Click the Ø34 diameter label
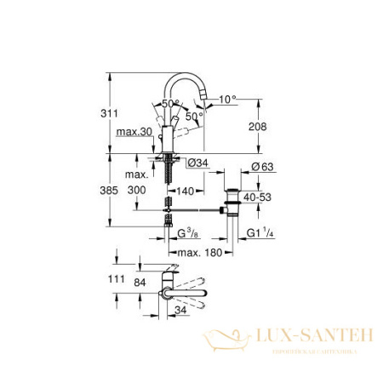(191, 163)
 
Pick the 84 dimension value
(140, 280)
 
